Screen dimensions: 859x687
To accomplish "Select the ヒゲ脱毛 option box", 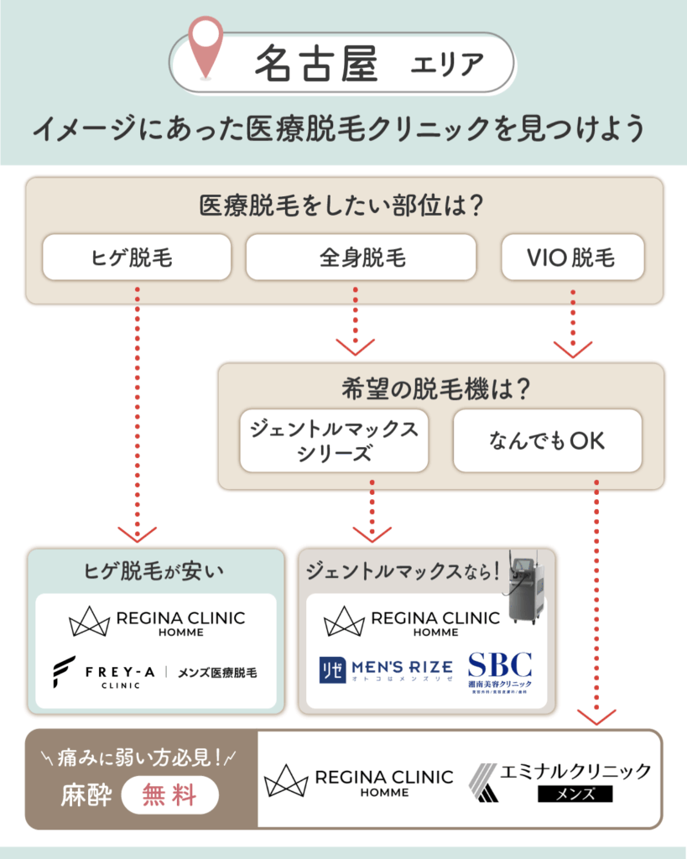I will [x=136, y=257].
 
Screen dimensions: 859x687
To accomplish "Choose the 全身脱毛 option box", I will [x=361, y=257].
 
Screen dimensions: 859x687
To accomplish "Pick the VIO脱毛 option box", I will [x=572, y=257].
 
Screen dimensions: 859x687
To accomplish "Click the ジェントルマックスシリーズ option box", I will [x=334, y=440].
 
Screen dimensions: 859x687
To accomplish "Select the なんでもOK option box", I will [x=547, y=440].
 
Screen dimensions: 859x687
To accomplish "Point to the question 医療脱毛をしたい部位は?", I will [x=344, y=204].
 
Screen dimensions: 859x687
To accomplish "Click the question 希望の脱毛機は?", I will [x=440, y=388].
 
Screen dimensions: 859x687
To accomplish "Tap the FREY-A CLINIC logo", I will [x=156, y=673].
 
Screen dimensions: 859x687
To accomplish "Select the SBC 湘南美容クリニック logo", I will [x=500, y=673].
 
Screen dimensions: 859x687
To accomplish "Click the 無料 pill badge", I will [x=170, y=794].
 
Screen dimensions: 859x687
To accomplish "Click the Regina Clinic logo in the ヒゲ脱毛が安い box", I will [x=156, y=622].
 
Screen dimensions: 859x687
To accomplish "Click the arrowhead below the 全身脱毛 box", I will [x=355, y=346].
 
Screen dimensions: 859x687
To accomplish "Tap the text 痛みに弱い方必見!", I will [x=140, y=757].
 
